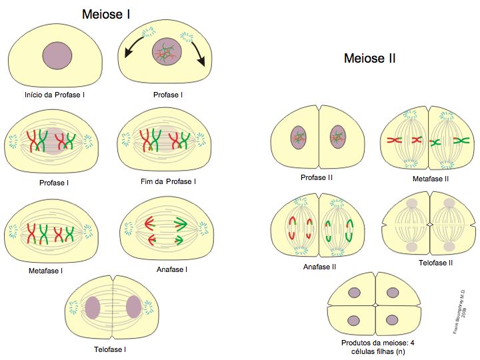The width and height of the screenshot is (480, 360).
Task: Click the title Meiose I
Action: tap(105, 13)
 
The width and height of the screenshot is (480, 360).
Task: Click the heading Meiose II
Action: tap(369, 59)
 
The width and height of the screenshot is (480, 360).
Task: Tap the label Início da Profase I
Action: tap(55, 95)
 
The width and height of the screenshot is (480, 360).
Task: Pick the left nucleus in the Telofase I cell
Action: tap(92, 307)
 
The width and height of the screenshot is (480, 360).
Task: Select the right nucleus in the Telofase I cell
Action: tap(133, 307)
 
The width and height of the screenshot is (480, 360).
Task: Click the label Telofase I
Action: tap(111, 349)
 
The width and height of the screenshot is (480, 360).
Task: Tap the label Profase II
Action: tap(317, 177)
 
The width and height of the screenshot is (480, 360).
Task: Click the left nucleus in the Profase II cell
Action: tap(297, 139)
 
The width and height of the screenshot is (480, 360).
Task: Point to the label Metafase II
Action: tap(429, 179)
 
